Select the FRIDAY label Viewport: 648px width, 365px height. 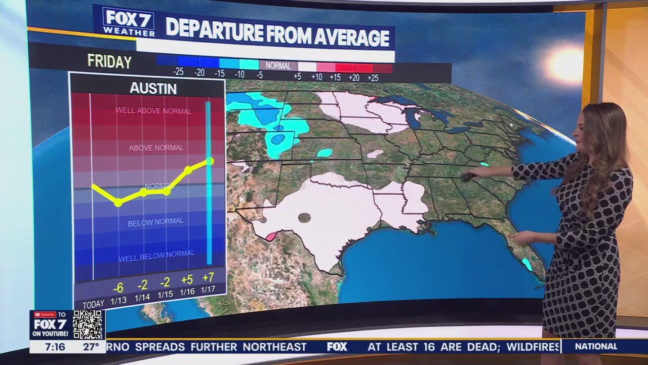tap(109, 62)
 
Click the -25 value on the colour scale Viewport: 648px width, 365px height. tap(178, 72)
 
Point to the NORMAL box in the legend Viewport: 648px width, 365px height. tap(278, 66)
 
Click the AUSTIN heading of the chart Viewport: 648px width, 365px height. tap(153, 89)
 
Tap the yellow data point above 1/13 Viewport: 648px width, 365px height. tap(118, 202)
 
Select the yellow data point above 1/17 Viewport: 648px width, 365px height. tap(210, 161)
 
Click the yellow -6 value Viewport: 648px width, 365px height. tap(118, 288)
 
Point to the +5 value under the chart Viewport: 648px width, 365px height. tap(187, 280)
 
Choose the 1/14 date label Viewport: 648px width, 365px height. tap(142, 298)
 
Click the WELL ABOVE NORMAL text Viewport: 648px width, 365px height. tap(153, 111)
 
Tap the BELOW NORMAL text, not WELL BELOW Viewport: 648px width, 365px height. tap(155, 222)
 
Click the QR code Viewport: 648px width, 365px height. tap(88, 324)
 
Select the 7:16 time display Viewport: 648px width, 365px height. tap(54, 347)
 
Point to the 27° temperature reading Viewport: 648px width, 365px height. tap(91, 347)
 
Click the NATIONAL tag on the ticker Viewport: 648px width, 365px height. tap(596, 347)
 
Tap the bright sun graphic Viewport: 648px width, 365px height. tap(566, 65)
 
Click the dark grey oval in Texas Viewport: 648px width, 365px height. tap(304, 218)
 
